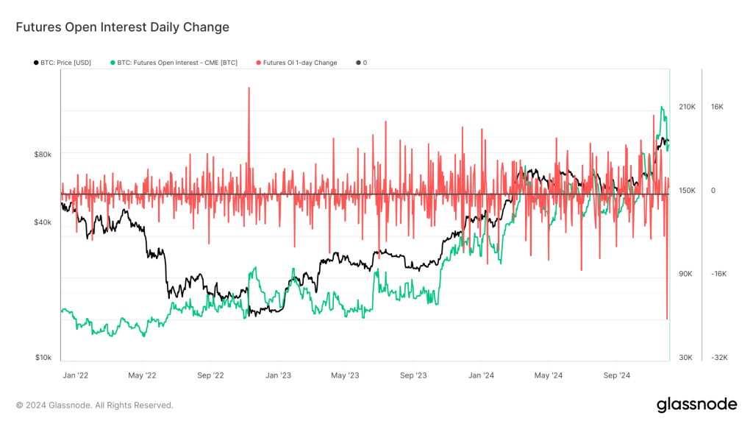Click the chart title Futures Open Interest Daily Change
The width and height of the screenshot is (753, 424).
pos(123,27)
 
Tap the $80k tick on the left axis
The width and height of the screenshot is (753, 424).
pos(43,155)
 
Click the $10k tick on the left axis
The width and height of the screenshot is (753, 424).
pos(43,358)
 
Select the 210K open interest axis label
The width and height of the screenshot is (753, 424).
pos(687,107)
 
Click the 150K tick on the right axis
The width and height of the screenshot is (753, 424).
pos(687,191)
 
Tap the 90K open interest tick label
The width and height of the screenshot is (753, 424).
pos(685,274)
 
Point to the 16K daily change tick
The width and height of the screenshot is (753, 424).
pos(717,107)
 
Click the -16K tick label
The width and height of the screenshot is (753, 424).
pos(718,274)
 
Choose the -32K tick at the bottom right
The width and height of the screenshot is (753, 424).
pos(718,358)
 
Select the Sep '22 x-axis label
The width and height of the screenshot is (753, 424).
pos(210,375)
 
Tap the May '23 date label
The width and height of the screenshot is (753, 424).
pos(345,375)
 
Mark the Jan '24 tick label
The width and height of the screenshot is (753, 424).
pos(481,375)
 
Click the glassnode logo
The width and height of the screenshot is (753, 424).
pos(696,404)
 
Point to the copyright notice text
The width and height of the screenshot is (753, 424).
pos(95,405)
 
